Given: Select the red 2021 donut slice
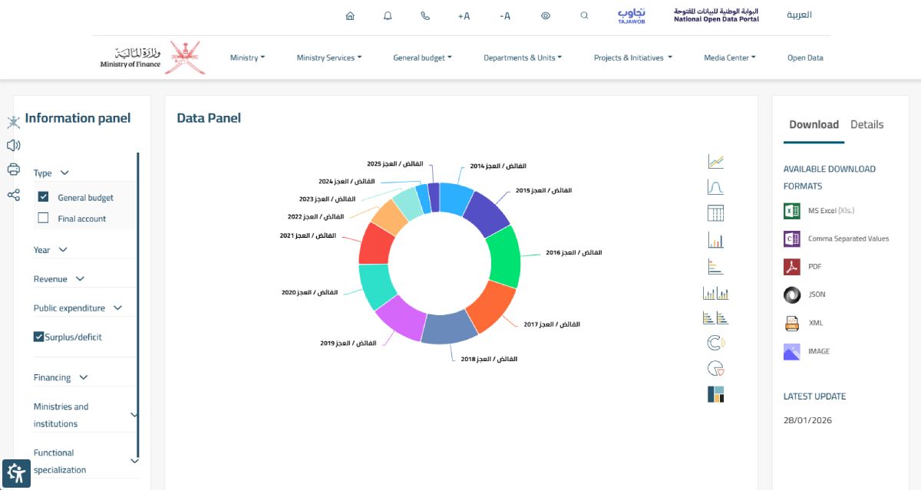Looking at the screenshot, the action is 375,245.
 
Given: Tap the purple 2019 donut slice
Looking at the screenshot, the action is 401,318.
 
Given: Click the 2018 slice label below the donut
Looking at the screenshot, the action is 489,359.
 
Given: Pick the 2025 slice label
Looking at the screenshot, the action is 394,163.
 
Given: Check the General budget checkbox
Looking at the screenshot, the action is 43,197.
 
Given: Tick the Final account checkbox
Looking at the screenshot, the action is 43,218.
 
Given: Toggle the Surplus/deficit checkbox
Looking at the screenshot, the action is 38,337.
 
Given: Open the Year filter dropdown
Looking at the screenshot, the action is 50,250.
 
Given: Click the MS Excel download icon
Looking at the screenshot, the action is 792,211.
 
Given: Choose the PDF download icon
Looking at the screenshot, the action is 792,267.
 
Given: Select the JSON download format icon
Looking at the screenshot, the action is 792,295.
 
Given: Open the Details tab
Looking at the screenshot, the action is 867,124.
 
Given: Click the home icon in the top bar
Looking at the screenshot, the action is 350,15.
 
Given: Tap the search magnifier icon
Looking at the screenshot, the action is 584,15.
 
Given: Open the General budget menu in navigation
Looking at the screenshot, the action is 422,58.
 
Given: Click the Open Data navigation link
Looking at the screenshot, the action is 805,58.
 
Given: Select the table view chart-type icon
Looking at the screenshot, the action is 715,213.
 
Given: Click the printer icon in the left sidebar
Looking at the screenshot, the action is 14,169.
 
